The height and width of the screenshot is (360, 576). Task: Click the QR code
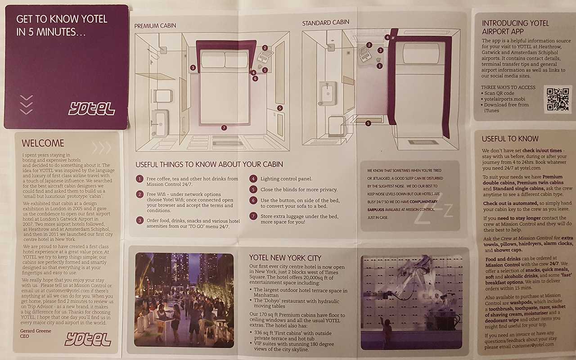[558, 99]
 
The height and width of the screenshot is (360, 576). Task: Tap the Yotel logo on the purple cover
[91, 108]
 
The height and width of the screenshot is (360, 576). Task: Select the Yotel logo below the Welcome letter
[88, 339]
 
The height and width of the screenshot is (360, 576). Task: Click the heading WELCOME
[43, 143]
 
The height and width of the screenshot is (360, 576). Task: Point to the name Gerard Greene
[36, 331]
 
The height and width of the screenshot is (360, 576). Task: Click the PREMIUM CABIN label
[155, 26]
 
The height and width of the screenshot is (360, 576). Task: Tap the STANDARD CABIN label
[325, 22]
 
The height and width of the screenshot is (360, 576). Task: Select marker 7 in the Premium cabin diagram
[224, 128]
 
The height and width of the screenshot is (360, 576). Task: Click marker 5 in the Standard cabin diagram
[368, 123]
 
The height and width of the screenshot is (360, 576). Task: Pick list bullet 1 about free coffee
[139, 179]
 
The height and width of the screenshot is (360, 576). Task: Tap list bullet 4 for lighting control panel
[253, 179]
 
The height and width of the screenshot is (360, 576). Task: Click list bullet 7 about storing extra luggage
[253, 216]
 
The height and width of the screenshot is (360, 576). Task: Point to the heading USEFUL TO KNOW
[510, 139]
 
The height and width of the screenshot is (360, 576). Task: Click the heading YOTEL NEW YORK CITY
[285, 258]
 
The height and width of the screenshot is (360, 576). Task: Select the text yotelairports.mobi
[504, 99]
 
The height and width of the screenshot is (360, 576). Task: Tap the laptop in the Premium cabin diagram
[265, 56]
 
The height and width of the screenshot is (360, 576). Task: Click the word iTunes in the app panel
[491, 111]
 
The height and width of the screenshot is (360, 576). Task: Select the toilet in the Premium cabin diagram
[162, 96]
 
